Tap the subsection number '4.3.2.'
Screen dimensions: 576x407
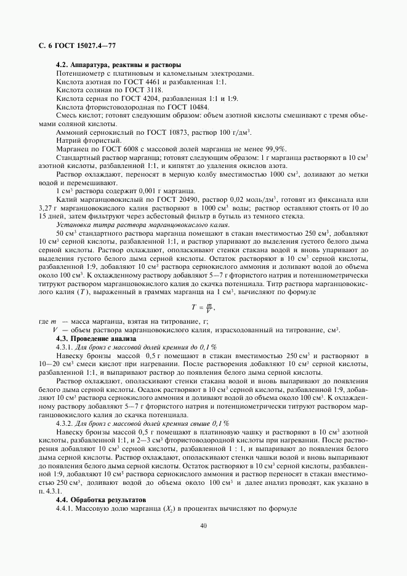[x=66, y=423]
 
